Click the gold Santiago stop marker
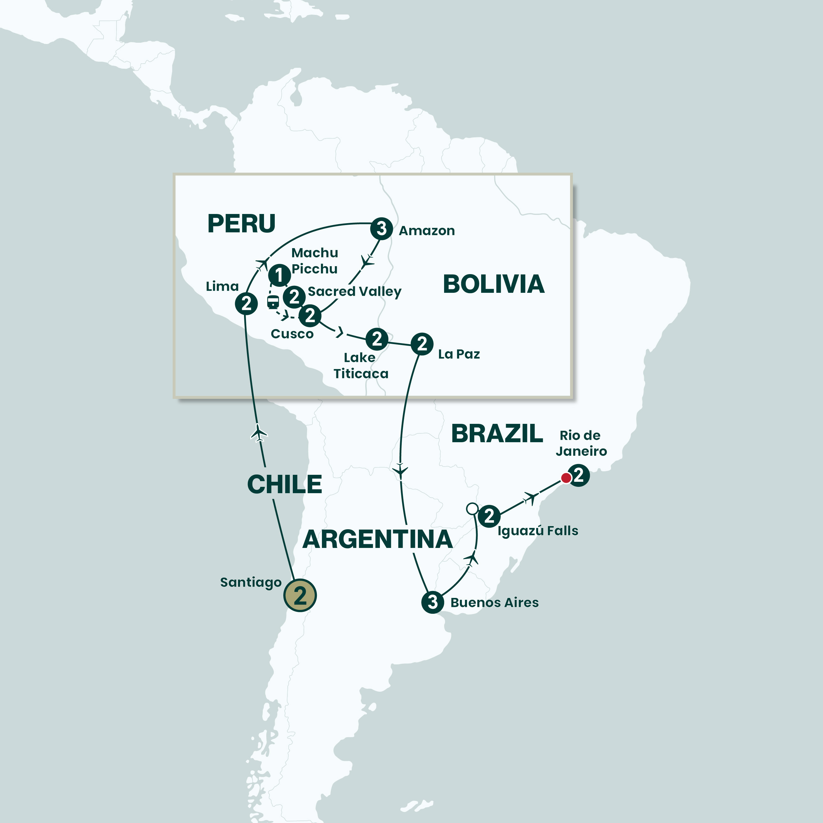(300, 595)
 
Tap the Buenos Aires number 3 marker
(433, 602)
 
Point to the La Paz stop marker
(422, 344)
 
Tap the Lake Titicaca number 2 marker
(377, 339)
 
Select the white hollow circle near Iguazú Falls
(472, 508)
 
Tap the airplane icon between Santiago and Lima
(259, 433)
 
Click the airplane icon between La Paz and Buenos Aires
(400, 470)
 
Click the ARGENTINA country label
(377, 539)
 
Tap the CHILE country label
(285, 484)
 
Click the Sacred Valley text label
(355, 291)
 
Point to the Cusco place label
(292, 334)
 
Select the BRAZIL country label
(497, 434)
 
